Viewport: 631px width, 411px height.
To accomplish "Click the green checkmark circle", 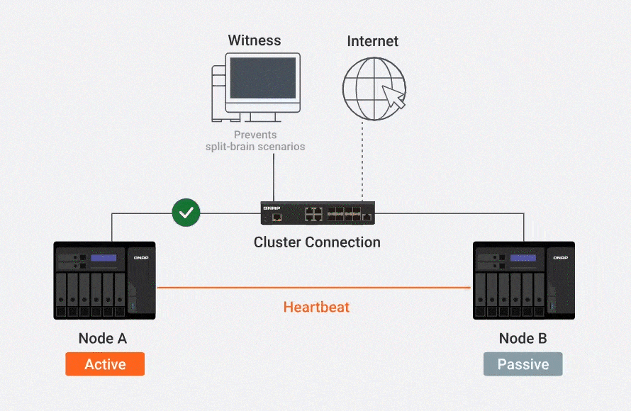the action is click(186, 213).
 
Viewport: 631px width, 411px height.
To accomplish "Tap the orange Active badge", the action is click(105, 364).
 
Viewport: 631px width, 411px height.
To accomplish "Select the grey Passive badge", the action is click(523, 364).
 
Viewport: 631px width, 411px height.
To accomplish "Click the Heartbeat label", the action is click(316, 308).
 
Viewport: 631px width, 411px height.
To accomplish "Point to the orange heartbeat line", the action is click(313, 288).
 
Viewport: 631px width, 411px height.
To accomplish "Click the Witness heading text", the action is click(255, 40).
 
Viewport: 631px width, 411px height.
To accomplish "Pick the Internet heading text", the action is click(373, 41).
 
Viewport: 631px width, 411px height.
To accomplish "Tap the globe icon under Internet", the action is click(374, 89).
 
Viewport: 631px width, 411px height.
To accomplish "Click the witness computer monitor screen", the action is click(263, 78).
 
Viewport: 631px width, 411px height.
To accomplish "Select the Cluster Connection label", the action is click(317, 242).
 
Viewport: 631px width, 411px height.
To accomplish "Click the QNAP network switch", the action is click(318, 213).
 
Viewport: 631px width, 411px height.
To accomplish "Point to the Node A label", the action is click(103, 338).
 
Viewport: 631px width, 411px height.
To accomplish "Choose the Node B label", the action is click(523, 338).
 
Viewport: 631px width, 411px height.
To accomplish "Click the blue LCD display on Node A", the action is click(104, 258).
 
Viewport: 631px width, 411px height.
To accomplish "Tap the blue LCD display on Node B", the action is click(523, 258).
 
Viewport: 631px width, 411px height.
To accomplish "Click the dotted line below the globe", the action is click(362, 161).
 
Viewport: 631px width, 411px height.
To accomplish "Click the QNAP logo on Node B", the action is click(561, 257).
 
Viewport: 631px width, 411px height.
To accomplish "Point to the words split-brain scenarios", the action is click(255, 147).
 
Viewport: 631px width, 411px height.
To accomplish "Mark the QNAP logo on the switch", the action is click(272, 208).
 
